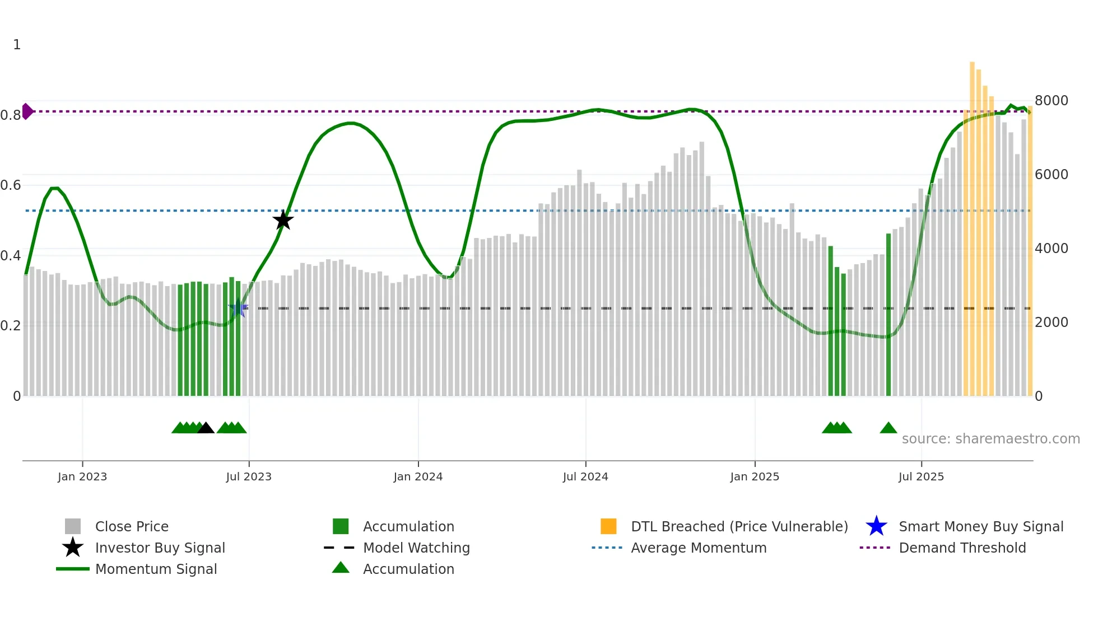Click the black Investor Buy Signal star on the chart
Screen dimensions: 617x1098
click(x=283, y=220)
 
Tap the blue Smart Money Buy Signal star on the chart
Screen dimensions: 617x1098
click(x=238, y=308)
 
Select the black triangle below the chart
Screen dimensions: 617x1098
click(x=206, y=428)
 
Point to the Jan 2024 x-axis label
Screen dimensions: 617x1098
click(x=418, y=476)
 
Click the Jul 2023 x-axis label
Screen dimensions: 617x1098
click(x=249, y=476)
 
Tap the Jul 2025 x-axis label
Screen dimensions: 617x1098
click(x=921, y=476)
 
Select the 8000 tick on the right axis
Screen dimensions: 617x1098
click(x=1051, y=101)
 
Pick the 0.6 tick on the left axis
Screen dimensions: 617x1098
click(x=11, y=185)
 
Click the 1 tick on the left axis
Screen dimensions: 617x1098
click(x=17, y=45)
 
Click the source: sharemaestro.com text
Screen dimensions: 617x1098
click(x=990, y=439)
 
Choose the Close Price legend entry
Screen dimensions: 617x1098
click(x=132, y=526)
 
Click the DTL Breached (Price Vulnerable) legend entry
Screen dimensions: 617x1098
click(x=739, y=526)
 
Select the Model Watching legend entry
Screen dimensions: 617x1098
click(x=416, y=548)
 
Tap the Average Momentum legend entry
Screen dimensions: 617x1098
click(x=699, y=548)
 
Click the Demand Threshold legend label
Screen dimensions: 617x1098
click(x=962, y=548)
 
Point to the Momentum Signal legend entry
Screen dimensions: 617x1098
click(x=156, y=569)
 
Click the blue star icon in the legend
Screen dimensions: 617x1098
click(x=876, y=526)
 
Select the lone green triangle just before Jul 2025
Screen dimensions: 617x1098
click(x=888, y=428)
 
